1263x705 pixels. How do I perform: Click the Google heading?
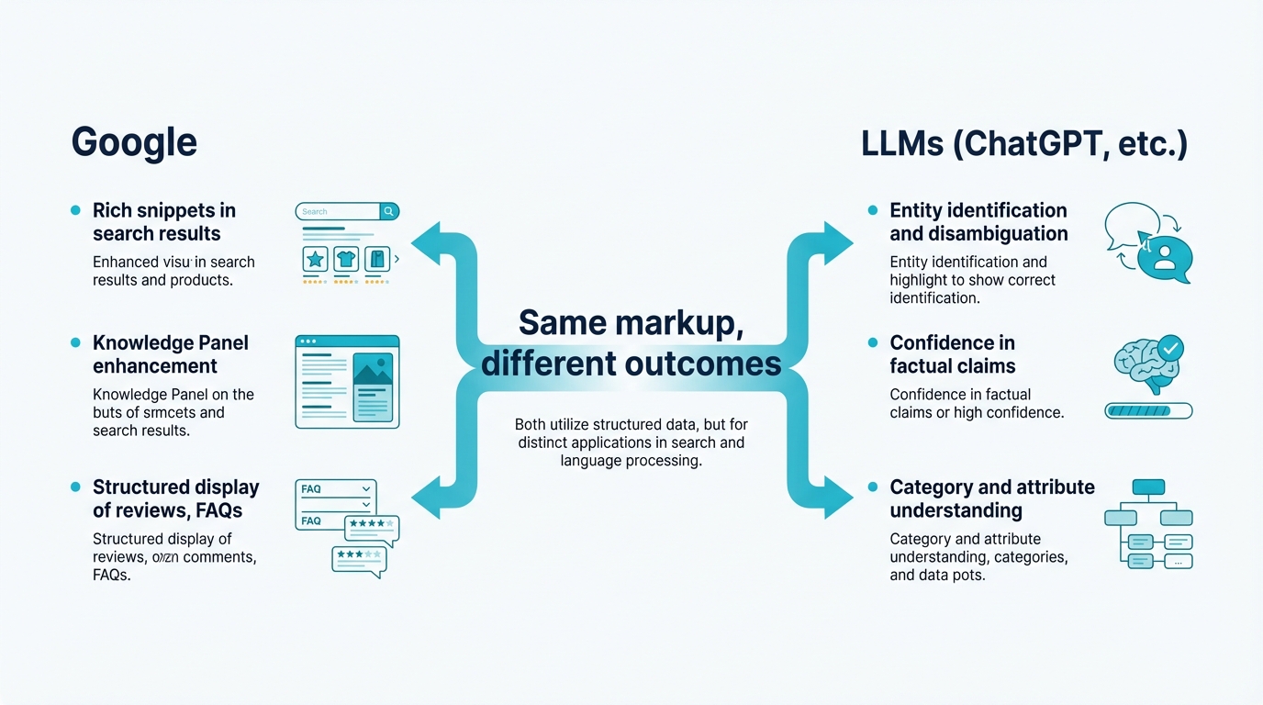coord(134,143)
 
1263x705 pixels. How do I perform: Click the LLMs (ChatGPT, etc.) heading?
coord(1024,144)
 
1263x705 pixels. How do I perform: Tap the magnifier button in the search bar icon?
coord(389,211)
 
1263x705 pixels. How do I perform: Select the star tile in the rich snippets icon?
coord(316,259)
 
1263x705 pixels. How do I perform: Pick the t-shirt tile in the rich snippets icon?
coord(346,259)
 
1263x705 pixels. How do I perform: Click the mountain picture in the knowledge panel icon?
coord(373,371)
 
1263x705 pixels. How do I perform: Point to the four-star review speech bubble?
coord(372,527)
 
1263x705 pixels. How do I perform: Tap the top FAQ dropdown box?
coord(336,489)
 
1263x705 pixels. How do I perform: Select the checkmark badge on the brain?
coord(1170,348)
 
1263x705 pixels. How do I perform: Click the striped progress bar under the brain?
coord(1148,411)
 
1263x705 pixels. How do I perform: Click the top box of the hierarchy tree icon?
coord(1148,487)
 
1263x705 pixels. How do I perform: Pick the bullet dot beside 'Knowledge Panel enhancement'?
coord(75,343)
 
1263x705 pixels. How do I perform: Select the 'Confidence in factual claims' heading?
coord(952,354)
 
